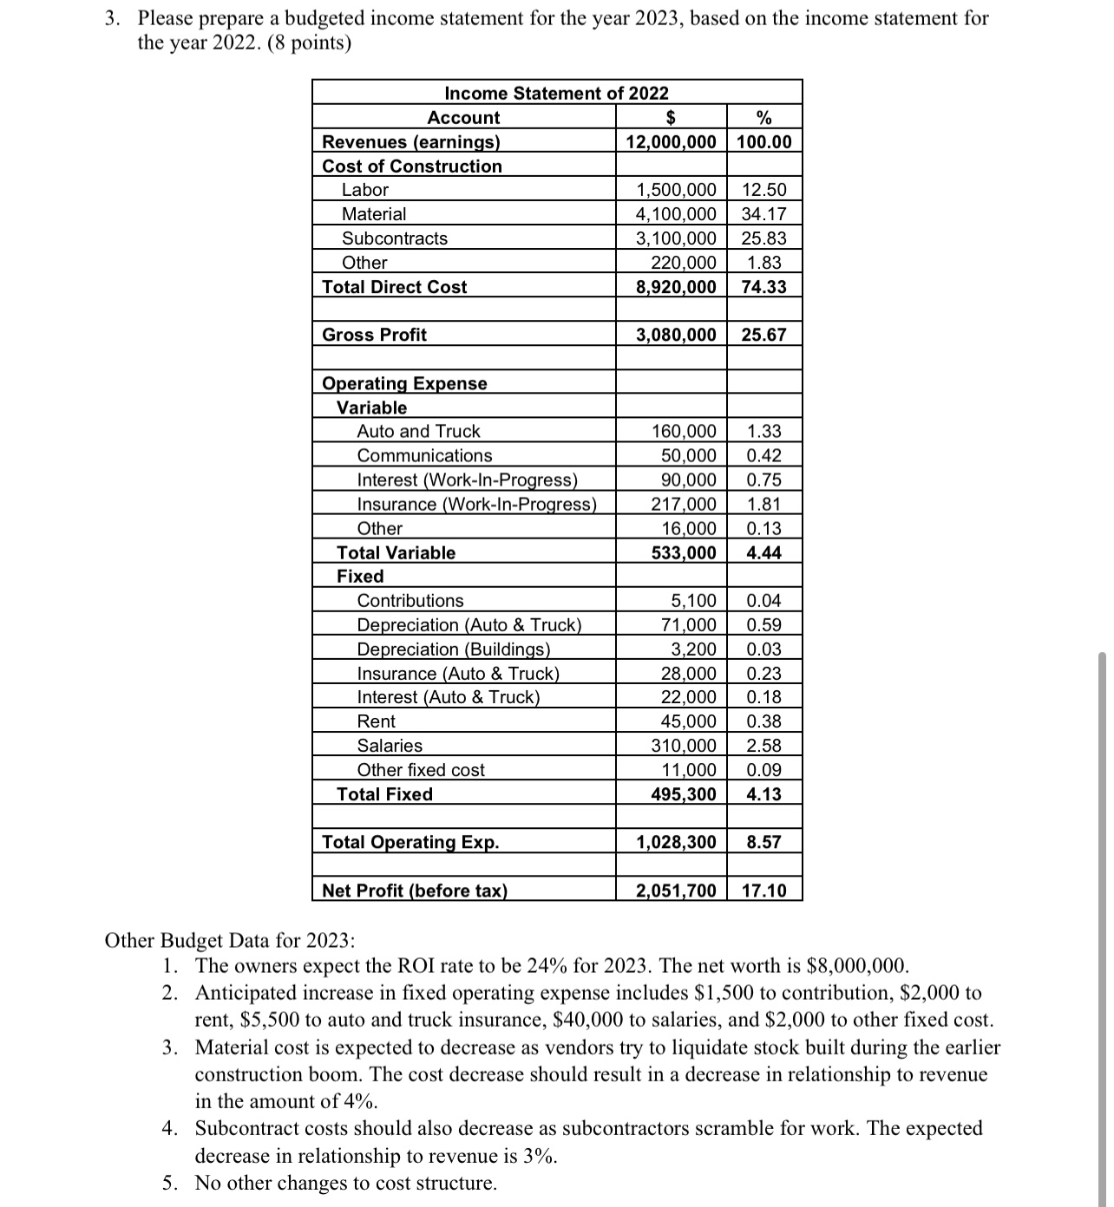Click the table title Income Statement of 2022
[x=556, y=93]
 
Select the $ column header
[x=671, y=117]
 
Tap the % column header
[x=763, y=117]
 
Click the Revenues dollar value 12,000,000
[x=672, y=141]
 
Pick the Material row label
[x=373, y=214]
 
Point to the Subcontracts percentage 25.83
[x=763, y=238]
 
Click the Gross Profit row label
[x=374, y=335]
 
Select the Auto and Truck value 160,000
[x=684, y=431]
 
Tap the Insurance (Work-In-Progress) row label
[x=476, y=504]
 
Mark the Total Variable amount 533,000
[x=684, y=552]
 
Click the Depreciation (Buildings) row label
[x=454, y=649]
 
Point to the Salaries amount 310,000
[x=684, y=746]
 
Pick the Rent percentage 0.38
[x=763, y=721]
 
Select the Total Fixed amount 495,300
[x=684, y=794]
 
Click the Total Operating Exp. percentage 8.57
[x=763, y=842]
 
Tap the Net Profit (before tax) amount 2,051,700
[x=676, y=891]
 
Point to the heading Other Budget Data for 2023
[x=229, y=941]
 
